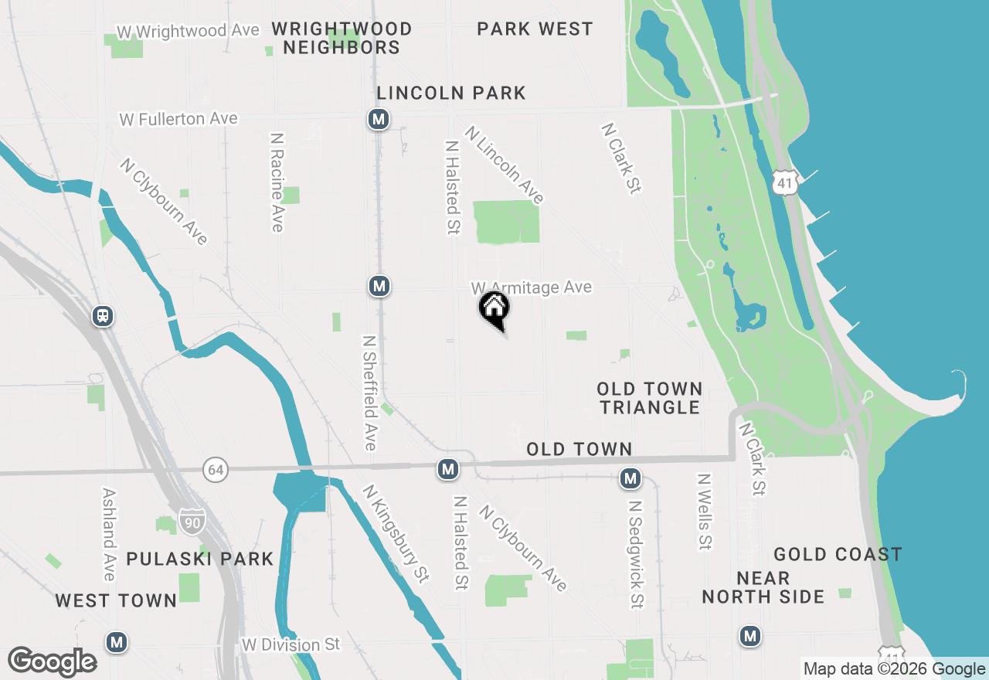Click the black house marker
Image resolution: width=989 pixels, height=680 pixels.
494,309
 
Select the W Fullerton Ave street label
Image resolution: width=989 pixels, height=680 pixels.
178,119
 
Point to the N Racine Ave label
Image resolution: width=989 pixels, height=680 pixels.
277,182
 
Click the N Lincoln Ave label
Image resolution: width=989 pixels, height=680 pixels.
504,165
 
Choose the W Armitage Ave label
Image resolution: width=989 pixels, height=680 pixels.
532,287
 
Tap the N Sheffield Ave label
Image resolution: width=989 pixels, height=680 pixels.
369,393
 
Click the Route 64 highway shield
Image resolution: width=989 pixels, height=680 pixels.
216,469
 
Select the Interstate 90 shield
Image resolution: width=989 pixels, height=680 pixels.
192,522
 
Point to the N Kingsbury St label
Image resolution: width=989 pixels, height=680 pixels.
396,533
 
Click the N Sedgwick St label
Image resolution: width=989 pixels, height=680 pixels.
635,553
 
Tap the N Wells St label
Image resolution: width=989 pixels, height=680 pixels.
703,512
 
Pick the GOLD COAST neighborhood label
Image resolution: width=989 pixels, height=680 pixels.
838,554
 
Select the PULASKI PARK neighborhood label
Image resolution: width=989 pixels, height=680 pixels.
200,559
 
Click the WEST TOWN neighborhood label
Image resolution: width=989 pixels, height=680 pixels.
116,600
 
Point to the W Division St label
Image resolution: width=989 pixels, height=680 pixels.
291,644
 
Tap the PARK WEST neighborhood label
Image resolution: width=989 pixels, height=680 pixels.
535,29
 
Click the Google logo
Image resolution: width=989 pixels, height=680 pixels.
52,661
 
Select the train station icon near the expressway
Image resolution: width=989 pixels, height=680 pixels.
102,315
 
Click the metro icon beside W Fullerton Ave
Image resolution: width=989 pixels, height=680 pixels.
378,119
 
